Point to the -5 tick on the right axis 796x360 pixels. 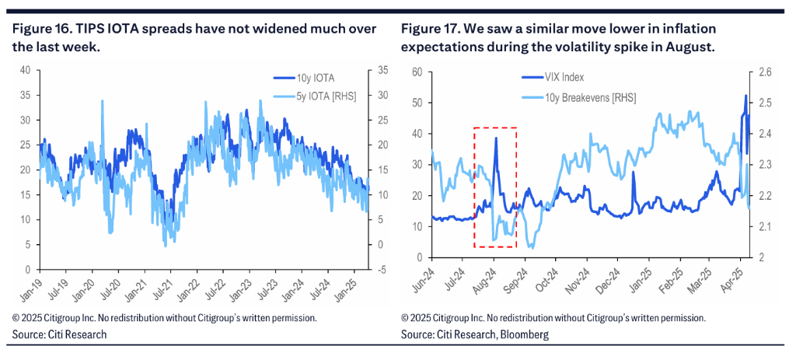coord(384,269)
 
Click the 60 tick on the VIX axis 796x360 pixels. coord(416,72)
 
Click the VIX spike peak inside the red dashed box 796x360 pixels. coord(496,138)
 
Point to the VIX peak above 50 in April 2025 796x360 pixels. coord(745,96)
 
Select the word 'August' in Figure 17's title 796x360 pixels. coord(690,47)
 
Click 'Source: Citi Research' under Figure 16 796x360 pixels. coord(59,334)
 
